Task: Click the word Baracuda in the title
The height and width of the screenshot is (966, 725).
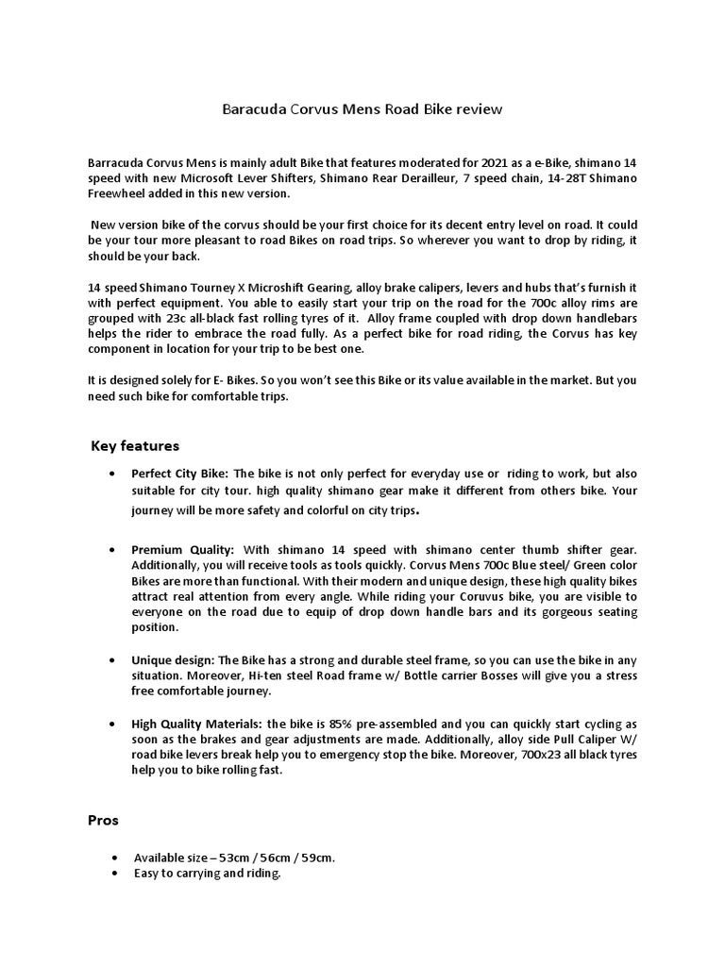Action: (x=252, y=109)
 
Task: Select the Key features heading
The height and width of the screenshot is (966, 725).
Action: (x=135, y=445)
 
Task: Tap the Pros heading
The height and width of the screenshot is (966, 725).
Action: (x=103, y=820)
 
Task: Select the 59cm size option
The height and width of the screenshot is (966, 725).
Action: (x=315, y=858)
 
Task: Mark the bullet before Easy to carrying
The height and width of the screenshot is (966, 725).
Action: (x=114, y=874)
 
